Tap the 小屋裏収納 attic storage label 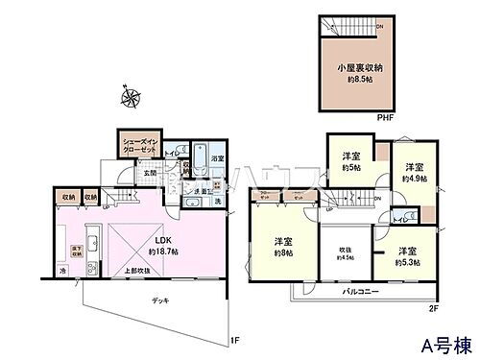click(359, 74)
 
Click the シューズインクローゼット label click(140, 144)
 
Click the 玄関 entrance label click(153, 174)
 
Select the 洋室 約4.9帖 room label click(414, 171)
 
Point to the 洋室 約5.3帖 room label click(410, 253)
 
